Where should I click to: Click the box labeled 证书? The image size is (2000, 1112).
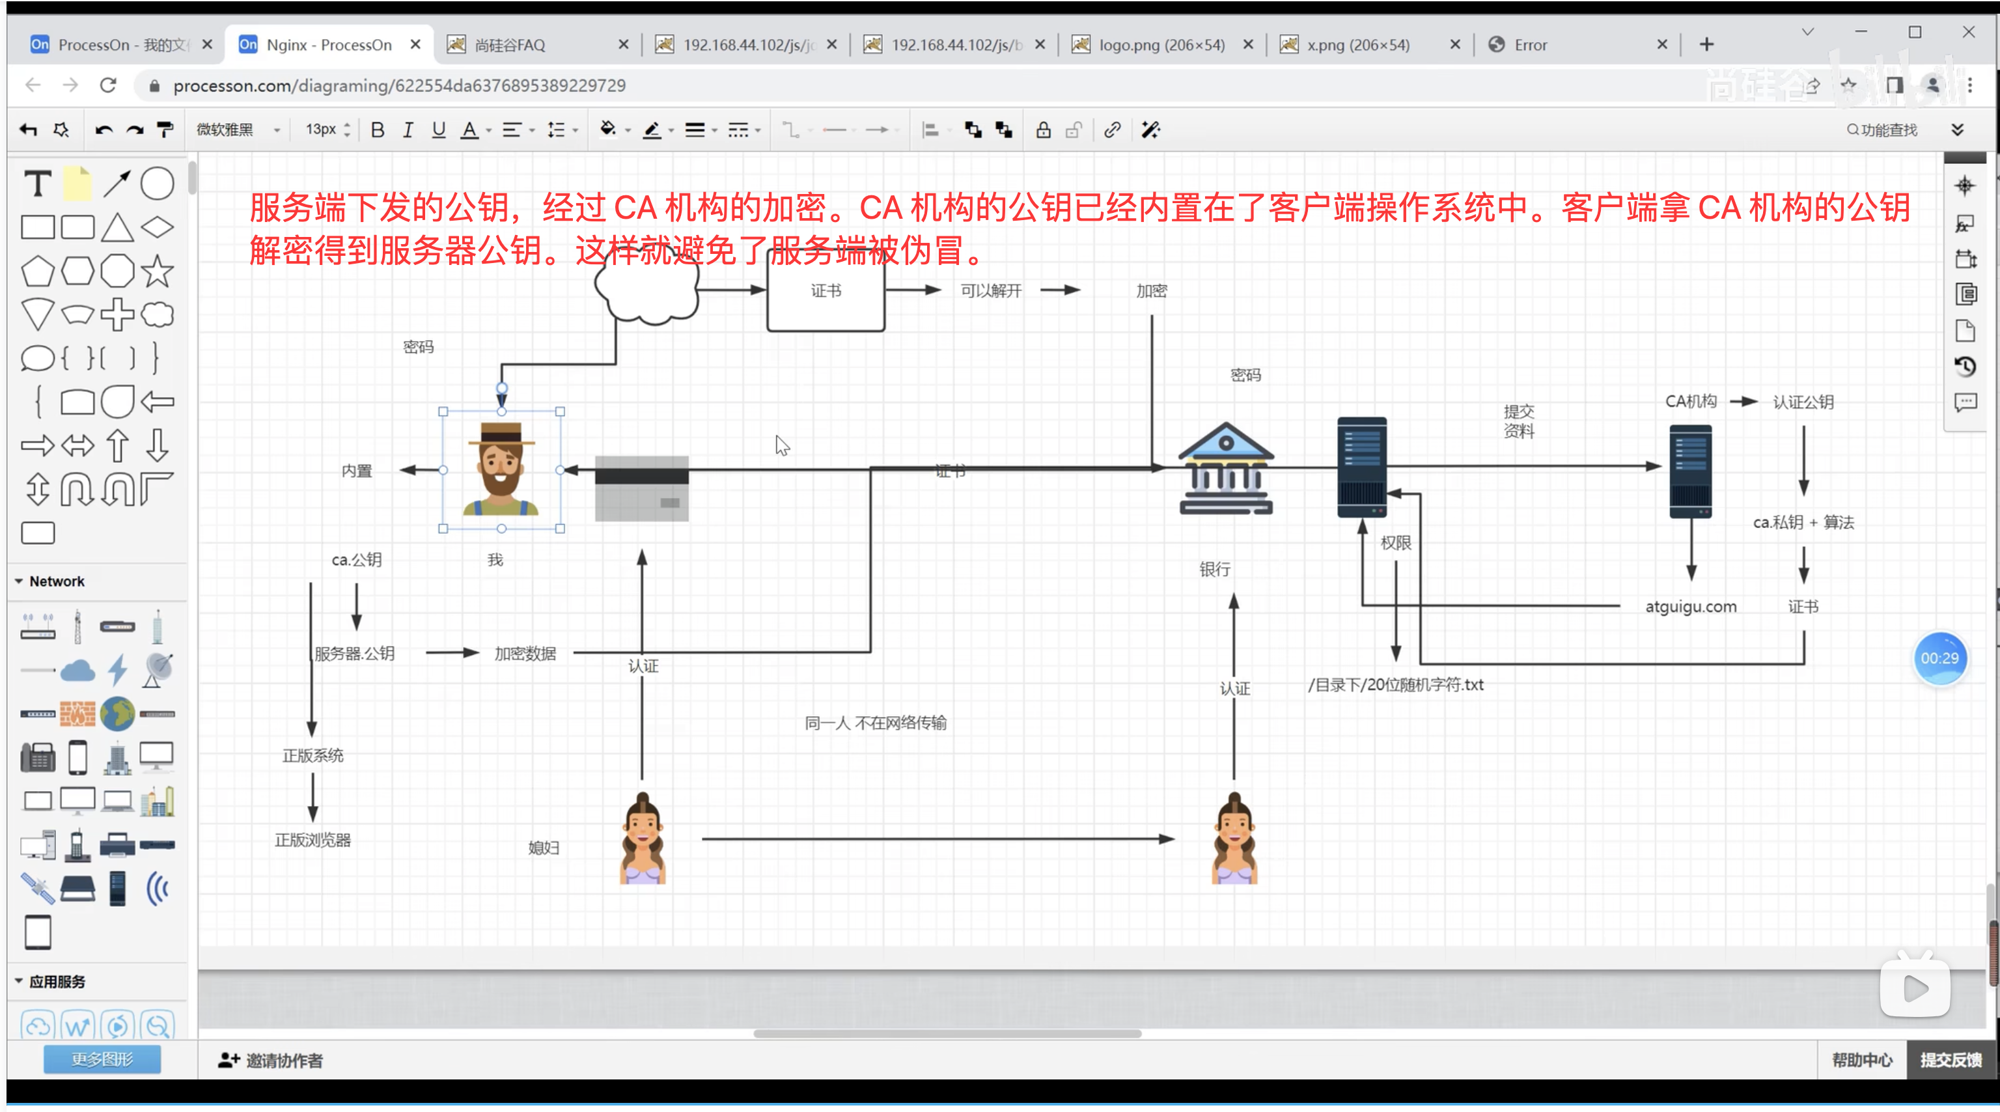pyautogui.click(x=826, y=291)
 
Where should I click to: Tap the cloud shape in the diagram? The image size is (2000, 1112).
pyautogui.click(x=646, y=289)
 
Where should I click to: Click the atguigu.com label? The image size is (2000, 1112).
pyautogui.click(x=1690, y=607)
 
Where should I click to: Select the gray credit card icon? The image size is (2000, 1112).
pyautogui.click(x=641, y=488)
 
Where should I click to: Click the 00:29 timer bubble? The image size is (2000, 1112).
pyautogui.click(x=1939, y=658)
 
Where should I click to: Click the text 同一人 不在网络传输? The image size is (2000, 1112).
pyautogui.click(x=875, y=723)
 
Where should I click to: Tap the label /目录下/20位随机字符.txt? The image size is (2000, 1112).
pyautogui.click(x=1395, y=685)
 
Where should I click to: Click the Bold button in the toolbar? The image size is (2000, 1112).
pyautogui.click(x=378, y=130)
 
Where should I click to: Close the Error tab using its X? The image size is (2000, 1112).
pyautogui.click(x=1661, y=45)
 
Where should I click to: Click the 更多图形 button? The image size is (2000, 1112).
pyautogui.click(x=102, y=1059)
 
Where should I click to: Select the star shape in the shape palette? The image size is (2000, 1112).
pyautogui.click(x=157, y=271)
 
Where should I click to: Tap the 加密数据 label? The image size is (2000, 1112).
pyautogui.click(x=525, y=654)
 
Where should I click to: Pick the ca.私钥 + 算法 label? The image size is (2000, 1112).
pyautogui.click(x=1803, y=523)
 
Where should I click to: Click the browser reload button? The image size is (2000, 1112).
pyautogui.click(x=108, y=85)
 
